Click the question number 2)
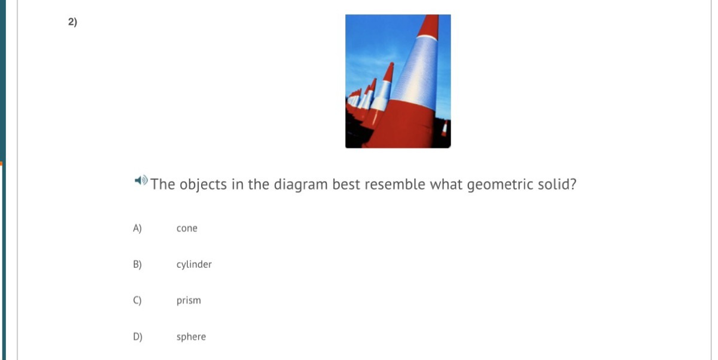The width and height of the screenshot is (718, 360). pyautogui.click(x=72, y=22)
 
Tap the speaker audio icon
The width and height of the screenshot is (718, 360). pyautogui.click(x=141, y=181)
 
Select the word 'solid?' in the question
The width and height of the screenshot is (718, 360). pyautogui.click(x=557, y=184)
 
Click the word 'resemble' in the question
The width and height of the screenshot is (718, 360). pyautogui.click(x=395, y=184)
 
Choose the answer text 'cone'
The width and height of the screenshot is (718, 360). pyautogui.click(x=187, y=228)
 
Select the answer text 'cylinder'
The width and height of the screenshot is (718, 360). pyautogui.click(x=194, y=264)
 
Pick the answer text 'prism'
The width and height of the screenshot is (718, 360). pyautogui.click(x=188, y=301)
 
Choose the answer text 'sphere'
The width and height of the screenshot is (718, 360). pyautogui.click(x=191, y=337)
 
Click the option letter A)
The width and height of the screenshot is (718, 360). pyautogui.click(x=137, y=228)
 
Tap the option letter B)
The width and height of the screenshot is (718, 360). pyautogui.click(x=137, y=264)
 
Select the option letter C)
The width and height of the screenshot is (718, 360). pyautogui.click(x=137, y=300)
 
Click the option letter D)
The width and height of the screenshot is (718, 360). pyautogui.click(x=138, y=337)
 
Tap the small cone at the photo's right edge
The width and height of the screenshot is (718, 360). pyautogui.click(x=445, y=129)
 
